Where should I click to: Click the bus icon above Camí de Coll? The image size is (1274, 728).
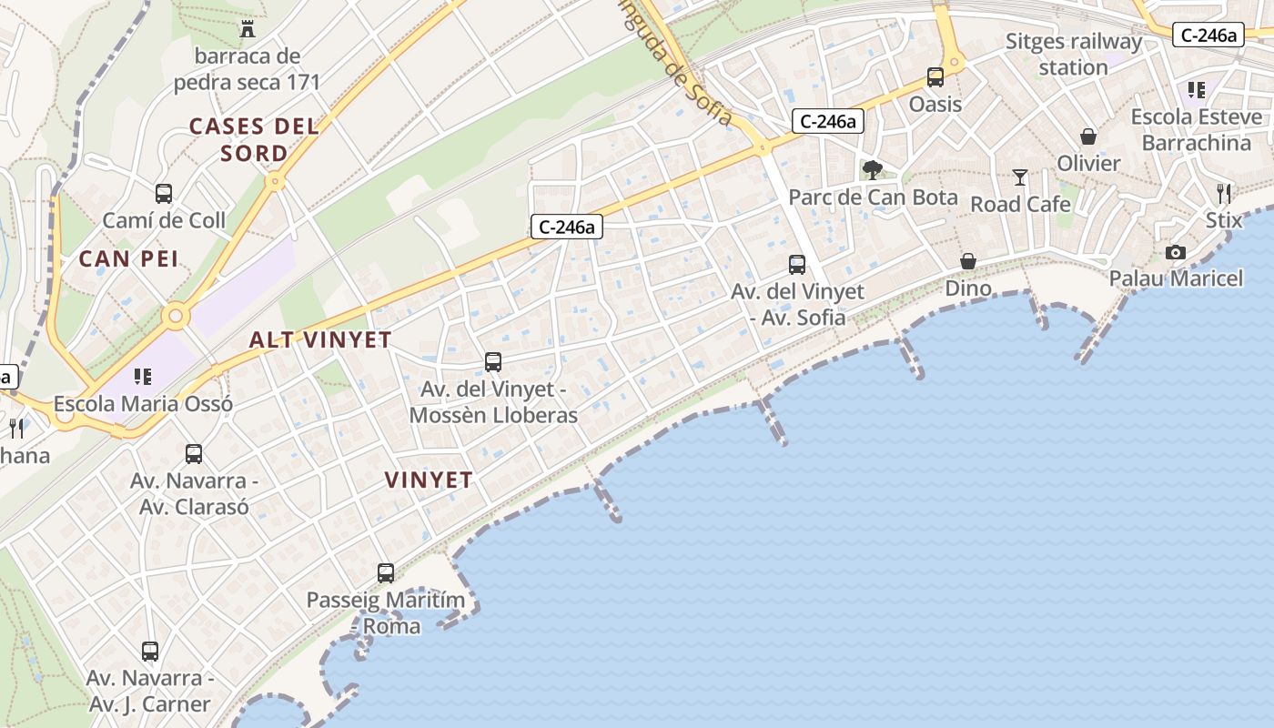pos(164,193)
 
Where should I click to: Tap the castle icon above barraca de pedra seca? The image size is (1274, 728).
pos(247,28)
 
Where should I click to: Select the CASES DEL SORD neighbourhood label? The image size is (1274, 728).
pos(254,139)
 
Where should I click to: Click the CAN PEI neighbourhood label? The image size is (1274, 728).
pos(128,259)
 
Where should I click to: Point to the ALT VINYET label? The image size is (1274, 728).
pos(320,340)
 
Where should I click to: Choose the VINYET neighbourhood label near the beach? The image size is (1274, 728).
pos(428,480)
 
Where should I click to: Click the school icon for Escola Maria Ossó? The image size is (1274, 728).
pos(141,376)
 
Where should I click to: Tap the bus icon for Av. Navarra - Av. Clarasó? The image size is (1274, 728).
pos(194,453)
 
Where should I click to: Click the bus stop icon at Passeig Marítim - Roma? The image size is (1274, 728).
pos(386,573)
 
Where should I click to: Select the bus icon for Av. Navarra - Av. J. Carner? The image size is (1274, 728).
pos(150,652)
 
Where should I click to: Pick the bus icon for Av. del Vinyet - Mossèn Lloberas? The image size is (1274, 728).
pos(493,362)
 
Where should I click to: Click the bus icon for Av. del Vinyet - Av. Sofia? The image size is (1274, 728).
pos(797,265)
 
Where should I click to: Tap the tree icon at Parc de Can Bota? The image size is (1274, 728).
pos(873,169)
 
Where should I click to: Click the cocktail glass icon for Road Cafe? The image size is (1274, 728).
pos(1020,177)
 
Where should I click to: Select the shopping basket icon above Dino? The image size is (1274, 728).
pos(968,261)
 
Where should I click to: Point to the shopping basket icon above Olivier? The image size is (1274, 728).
pos(1088,136)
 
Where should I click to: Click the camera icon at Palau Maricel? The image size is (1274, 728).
pos(1176,252)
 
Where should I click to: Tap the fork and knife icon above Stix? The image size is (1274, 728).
pos(1224,193)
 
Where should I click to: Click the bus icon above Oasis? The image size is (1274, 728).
pos(935,77)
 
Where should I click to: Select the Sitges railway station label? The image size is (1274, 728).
pos(1074,55)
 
